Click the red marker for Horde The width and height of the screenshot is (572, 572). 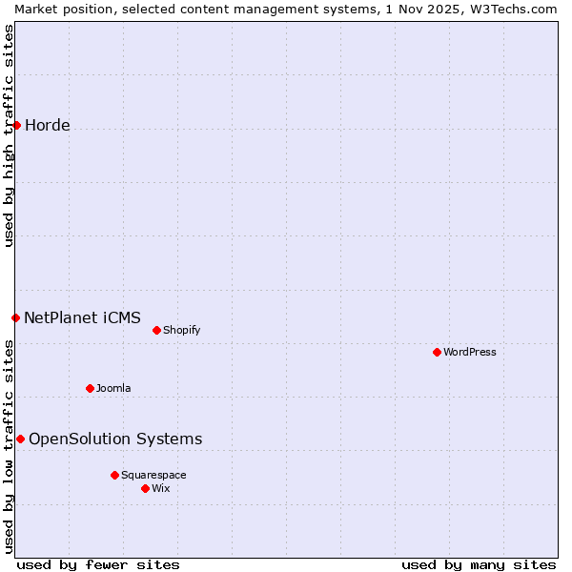click(x=16, y=125)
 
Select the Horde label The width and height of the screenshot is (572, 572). click(x=48, y=126)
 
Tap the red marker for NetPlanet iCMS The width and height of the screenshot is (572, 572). click(x=15, y=317)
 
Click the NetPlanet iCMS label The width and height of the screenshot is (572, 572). click(x=82, y=318)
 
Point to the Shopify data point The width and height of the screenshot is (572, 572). click(x=156, y=330)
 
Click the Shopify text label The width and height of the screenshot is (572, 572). click(x=181, y=331)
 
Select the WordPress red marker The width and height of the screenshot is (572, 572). click(x=437, y=352)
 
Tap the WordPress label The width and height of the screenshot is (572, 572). click(x=470, y=353)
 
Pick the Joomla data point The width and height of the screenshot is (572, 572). click(x=90, y=388)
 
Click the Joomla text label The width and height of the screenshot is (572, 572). click(x=113, y=389)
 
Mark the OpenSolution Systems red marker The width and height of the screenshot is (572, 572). click(x=20, y=439)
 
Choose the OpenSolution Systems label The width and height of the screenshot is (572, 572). click(x=115, y=439)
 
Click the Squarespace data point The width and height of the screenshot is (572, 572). click(x=114, y=475)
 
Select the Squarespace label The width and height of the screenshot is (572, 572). click(x=153, y=476)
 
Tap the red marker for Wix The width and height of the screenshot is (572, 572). click(x=145, y=488)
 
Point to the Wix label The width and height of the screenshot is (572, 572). click(x=161, y=489)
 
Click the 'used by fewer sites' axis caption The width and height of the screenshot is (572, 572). click(x=98, y=564)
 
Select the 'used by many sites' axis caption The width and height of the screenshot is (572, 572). click(x=479, y=564)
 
